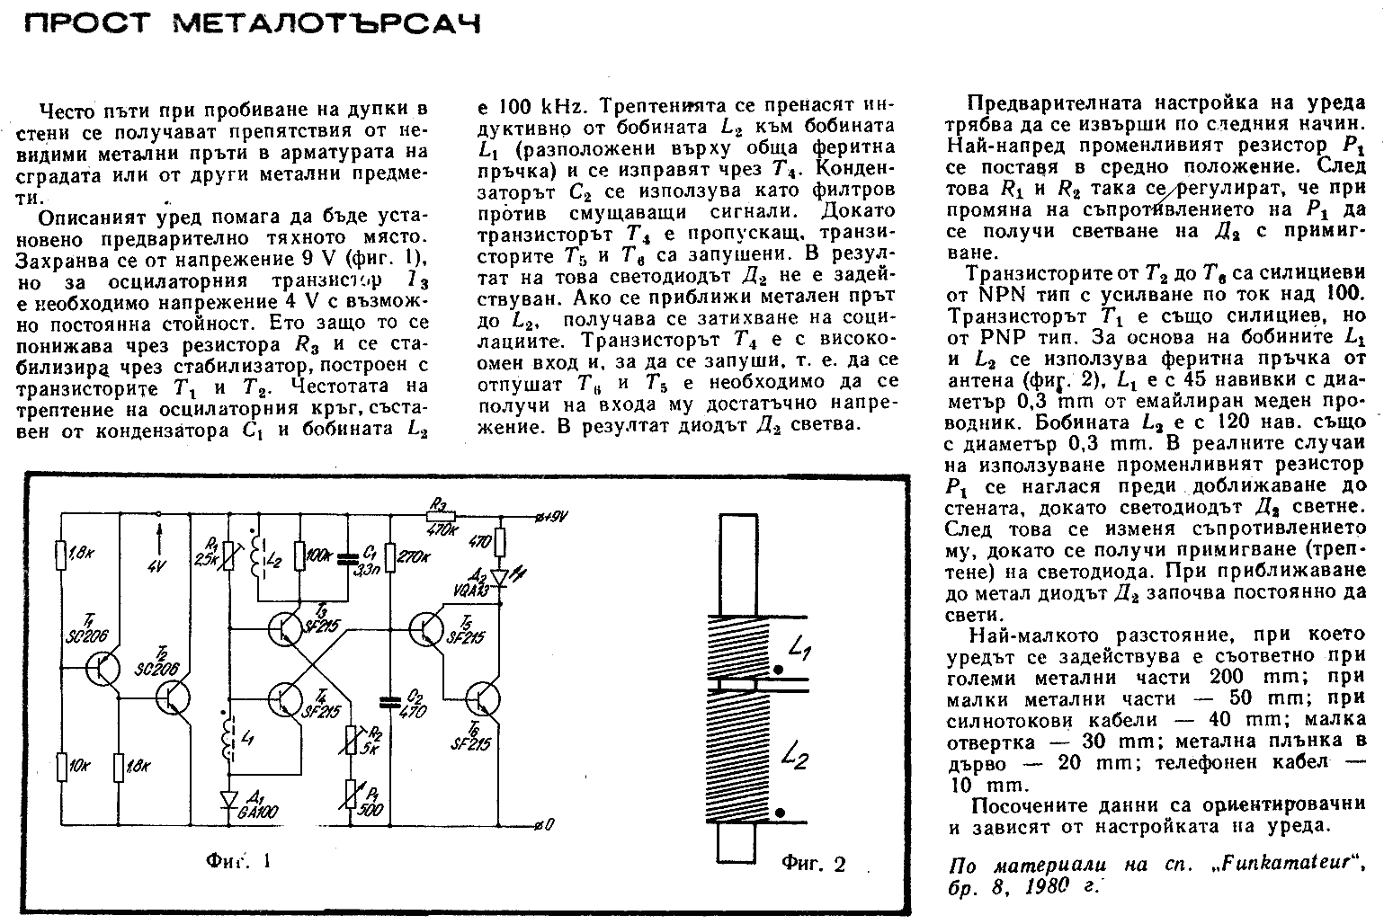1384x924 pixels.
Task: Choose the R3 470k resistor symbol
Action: pyautogui.click(x=442, y=516)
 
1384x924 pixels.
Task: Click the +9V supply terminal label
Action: pyautogui.click(x=552, y=516)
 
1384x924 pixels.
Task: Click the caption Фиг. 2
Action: pyautogui.click(x=813, y=865)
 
